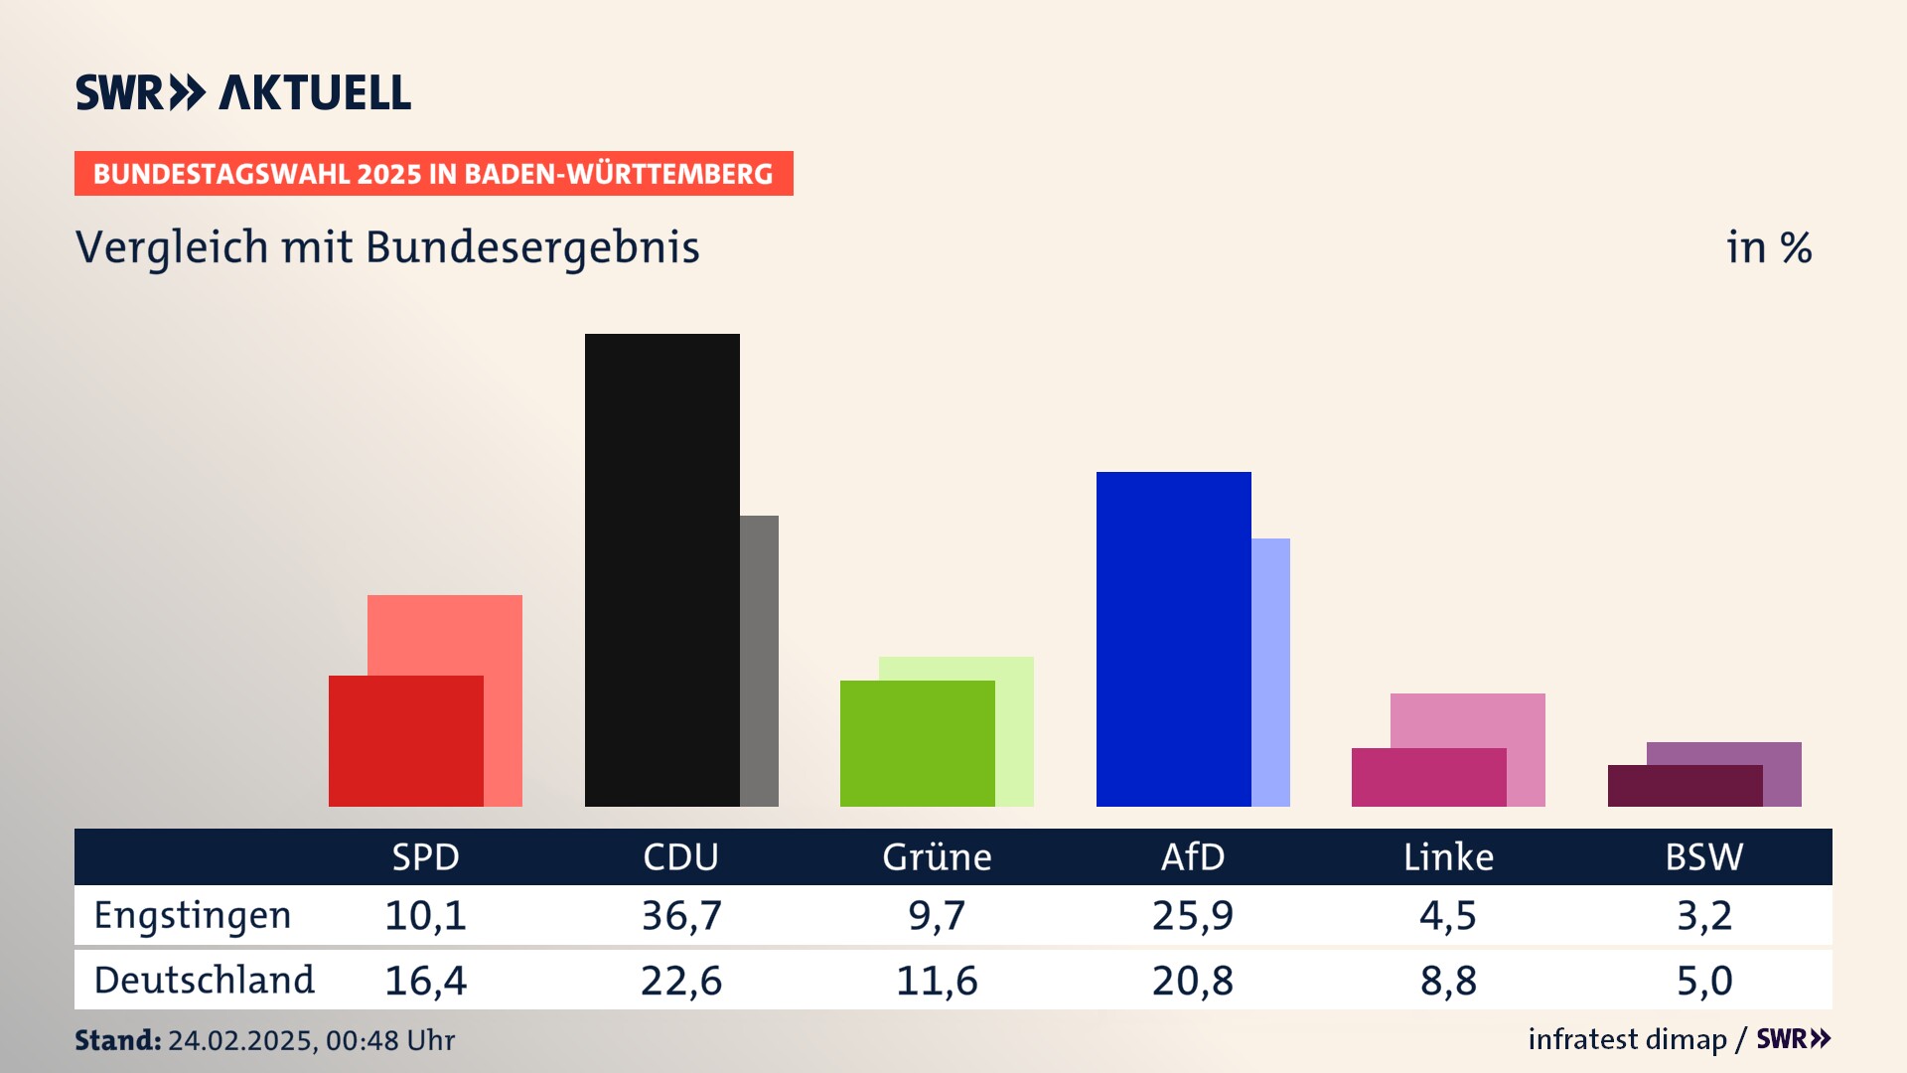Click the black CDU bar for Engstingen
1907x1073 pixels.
click(661, 569)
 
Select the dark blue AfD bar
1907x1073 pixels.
click(1173, 639)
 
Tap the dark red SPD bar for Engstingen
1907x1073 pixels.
click(405, 740)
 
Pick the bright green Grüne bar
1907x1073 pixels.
click(917, 743)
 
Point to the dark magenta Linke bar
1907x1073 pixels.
click(1428, 777)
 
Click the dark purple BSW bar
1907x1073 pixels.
click(1685, 786)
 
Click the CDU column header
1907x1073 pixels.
click(680, 857)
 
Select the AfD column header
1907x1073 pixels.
click(1193, 857)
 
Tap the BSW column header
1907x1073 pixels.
click(1703, 857)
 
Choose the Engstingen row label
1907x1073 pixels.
click(193, 915)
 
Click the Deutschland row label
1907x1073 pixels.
click(204, 981)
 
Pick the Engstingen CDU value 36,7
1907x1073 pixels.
click(681, 915)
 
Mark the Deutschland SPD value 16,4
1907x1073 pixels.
click(425, 981)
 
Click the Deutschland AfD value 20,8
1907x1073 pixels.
click(1193, 981)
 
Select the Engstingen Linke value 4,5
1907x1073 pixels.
click(1448, 915)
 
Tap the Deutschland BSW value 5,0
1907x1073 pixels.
click(1704, 981)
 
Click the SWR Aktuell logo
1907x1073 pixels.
click(243, 92)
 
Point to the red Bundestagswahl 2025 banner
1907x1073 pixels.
click(433, 174)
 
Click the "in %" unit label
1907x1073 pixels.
click(1769, 247)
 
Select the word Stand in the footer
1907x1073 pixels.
click(117, 1040)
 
